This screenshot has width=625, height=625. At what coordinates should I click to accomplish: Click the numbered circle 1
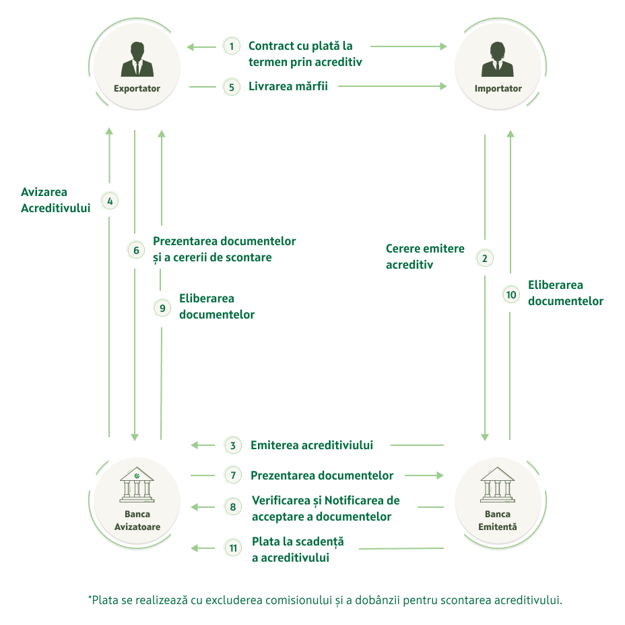tap(232, 46)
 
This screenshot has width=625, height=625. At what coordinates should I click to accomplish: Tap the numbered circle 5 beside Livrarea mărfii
tap(232, 87)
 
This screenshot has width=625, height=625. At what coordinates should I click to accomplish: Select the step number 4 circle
tap(110, 201)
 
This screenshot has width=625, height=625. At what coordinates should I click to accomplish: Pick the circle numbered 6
tap(136, 250)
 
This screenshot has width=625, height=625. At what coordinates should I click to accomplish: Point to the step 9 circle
tap(162, 308)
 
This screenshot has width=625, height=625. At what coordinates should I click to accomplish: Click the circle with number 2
tap(484, 258)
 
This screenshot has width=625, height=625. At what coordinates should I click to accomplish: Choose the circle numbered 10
tap(511, 294)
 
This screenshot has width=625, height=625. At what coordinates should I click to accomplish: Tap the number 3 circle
tap(233, 445)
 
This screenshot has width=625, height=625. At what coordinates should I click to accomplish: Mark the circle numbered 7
tap(233, 475)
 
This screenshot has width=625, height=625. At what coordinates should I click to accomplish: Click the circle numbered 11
tap(233, 548)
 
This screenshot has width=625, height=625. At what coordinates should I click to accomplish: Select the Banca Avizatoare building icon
tap(137, 485)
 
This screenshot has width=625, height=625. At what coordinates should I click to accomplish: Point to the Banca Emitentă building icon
tap(498, 485)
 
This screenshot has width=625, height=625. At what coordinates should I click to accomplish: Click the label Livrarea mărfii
tap(288, 86)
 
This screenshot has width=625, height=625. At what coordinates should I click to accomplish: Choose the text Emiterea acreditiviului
tap(312, 445)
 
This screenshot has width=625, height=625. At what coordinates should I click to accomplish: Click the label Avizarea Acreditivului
tap(55, 200)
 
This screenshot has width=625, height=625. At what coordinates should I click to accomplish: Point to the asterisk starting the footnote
tap(90, 597)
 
